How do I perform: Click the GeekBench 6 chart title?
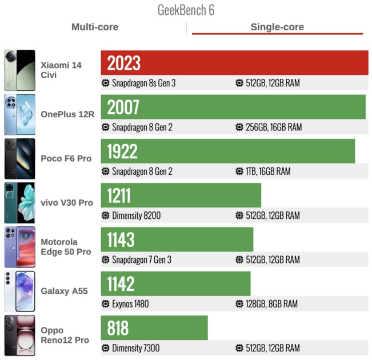186,10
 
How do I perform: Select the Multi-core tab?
95,27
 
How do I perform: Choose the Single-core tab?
277,27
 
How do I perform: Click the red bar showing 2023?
234,63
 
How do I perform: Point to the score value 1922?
122,151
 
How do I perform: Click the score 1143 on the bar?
121,239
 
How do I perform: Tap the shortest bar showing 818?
154,327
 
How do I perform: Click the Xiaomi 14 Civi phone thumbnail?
19,70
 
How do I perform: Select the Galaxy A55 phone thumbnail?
19,291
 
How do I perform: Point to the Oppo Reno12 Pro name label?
65,335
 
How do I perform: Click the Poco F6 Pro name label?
66,158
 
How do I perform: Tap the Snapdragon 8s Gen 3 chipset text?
143,83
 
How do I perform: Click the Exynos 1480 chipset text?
130,304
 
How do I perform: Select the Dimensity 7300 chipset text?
135,348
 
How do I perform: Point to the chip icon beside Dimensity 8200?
105,216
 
